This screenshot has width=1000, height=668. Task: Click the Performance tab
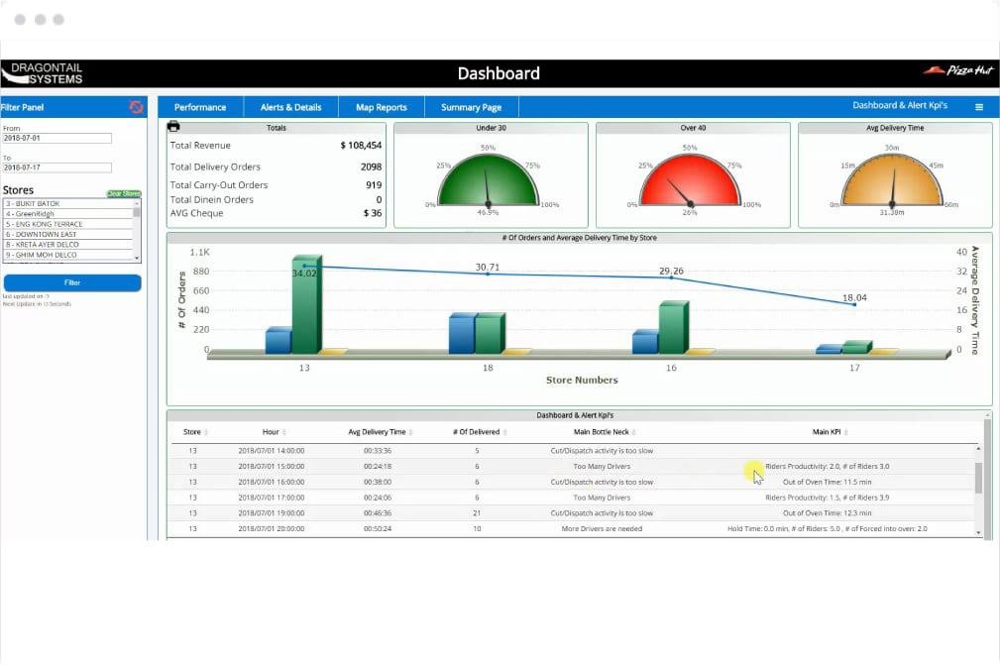pos(200,107)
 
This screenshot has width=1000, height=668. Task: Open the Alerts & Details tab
pos(290,107)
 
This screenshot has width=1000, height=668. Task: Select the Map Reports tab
pos(382,107)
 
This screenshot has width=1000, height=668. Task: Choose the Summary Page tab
pos(471,107)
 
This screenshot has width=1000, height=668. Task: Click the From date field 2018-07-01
pos(56,138)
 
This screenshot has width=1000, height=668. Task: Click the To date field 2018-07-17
pos(56,167)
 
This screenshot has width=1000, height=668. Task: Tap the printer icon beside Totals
pos(173,127)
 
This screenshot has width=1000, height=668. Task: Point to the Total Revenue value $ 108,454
pos(361,146)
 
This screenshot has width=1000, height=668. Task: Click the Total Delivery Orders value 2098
pos(371,167)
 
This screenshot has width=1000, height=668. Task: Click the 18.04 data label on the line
pos(854,297)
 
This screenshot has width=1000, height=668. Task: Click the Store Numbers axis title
pos(582,380)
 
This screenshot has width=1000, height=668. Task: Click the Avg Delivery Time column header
pos(377,432)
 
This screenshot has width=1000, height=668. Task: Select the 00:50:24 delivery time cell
pos(377,528)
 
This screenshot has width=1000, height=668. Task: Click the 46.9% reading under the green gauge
pos(488,212)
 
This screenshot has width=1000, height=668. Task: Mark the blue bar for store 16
pos(645,343)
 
